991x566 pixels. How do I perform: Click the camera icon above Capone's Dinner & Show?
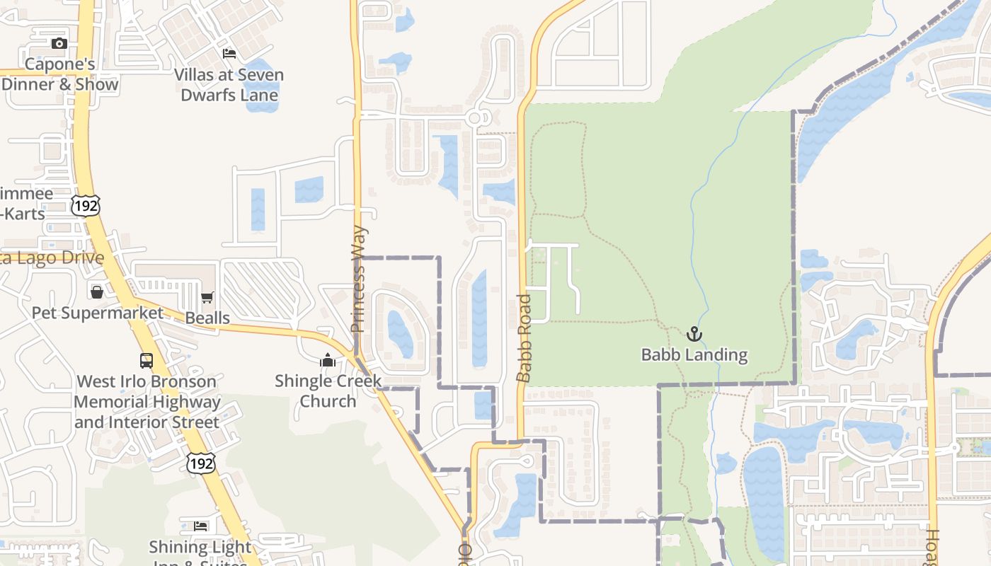(59, 44)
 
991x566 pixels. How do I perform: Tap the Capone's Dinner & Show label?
(59, 74)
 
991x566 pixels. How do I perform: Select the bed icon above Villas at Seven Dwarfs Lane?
(229, 53)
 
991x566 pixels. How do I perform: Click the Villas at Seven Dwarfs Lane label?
(229, 85)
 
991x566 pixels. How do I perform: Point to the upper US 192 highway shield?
(86, 206)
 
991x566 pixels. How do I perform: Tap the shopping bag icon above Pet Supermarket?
(97, 291)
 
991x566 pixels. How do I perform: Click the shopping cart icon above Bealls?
(207, 298)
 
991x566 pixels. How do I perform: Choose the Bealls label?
(207, 318)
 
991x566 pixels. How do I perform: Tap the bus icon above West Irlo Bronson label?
(146, 361)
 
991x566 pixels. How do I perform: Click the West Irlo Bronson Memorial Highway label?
(147, 402)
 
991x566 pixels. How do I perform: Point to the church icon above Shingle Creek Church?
(327, 361)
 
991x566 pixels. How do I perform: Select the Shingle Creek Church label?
(328, 391)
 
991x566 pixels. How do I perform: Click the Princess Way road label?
(358, 279)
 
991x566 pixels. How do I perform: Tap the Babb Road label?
(524, 338)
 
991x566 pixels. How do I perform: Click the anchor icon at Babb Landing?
(694, 334)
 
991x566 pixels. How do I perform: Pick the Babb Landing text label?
(694, 354)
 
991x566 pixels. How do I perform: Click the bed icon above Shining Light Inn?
(201, 526)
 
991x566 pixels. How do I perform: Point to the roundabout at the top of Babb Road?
(479, 117)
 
